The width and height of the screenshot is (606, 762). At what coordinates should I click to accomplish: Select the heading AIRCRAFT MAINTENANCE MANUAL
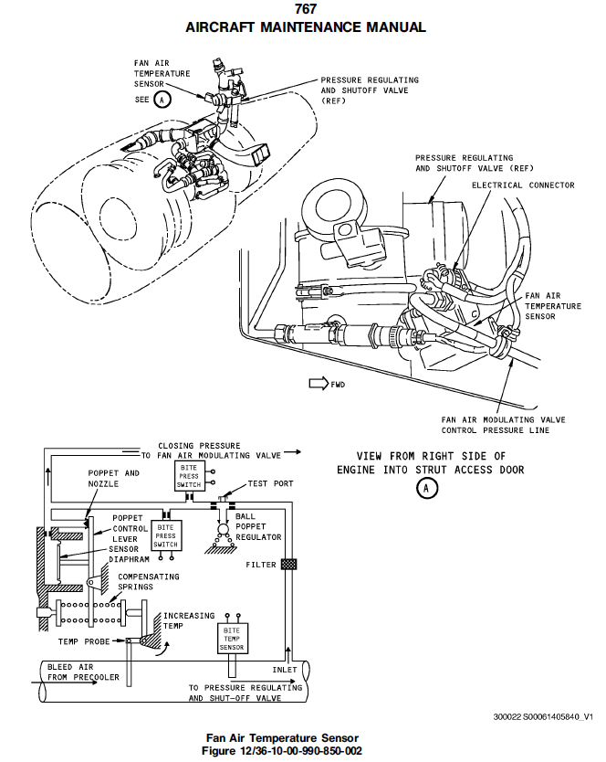coord(306,27)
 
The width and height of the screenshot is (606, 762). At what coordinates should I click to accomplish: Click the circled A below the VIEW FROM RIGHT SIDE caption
coord(427,489)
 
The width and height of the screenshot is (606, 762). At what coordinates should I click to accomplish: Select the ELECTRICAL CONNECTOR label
coord(523,185)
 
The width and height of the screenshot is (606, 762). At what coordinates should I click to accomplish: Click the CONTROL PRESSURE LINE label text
coord(496,429)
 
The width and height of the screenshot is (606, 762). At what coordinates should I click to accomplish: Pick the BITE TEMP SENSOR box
coord(231,639)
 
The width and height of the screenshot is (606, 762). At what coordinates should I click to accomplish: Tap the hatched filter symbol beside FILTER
coord(289,565)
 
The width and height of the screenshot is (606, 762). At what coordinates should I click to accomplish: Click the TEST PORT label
coord(271,483)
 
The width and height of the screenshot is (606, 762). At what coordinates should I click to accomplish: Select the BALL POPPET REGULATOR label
coord(257,528)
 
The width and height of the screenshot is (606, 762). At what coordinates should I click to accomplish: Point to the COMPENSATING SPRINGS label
coord(148,582)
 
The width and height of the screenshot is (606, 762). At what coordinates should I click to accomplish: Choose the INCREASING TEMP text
coord(189,622)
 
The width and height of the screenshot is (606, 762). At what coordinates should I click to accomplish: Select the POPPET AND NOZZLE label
coord(114,478)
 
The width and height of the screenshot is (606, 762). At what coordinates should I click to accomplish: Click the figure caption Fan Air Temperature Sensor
coord(282,737)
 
